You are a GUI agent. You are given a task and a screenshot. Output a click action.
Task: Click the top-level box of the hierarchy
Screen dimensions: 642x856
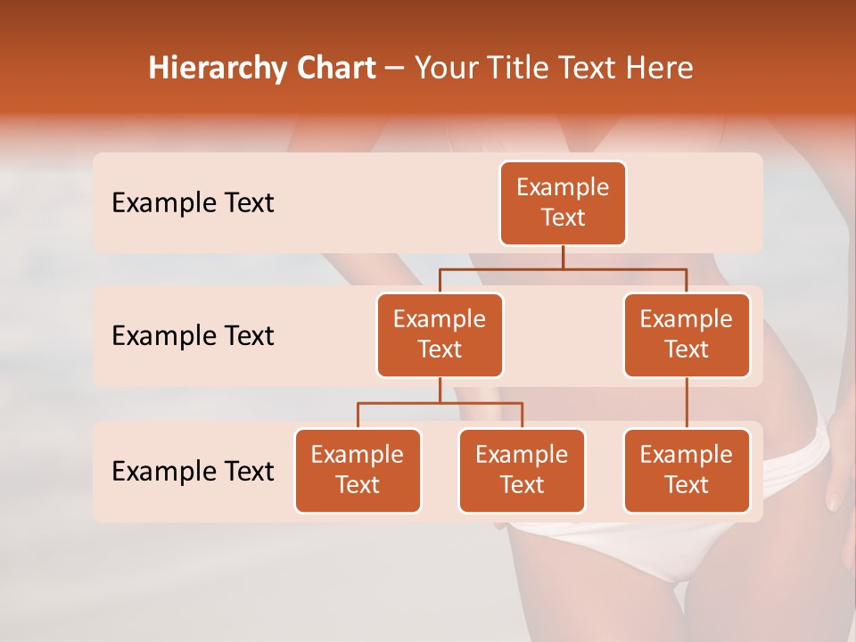(563, 202)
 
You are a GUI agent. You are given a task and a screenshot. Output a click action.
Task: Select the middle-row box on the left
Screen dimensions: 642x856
(440, 334)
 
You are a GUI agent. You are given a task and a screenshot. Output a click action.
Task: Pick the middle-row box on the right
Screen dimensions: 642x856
(687, 334)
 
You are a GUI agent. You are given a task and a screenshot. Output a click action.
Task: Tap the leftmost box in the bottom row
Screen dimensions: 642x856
(358, 470)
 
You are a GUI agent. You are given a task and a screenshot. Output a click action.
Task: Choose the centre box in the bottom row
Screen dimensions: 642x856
(522, 470)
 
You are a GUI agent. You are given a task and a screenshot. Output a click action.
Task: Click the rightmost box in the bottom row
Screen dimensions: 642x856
(687, 470)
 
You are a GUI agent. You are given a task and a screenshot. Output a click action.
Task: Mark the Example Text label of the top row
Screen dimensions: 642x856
(193, 203)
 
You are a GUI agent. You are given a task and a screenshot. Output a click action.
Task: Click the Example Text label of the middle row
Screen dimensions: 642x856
(193, 336)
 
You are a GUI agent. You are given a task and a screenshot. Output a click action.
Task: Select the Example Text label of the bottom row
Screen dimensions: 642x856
(193, 471)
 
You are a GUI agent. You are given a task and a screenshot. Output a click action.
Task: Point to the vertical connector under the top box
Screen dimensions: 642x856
(563, 257)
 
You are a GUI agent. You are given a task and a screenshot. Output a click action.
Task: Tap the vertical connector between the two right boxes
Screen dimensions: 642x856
(687, 403)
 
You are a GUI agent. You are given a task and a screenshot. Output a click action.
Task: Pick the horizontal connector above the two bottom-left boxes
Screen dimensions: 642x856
(440, 403)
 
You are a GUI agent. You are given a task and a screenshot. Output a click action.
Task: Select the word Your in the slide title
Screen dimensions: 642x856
(443, 69)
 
